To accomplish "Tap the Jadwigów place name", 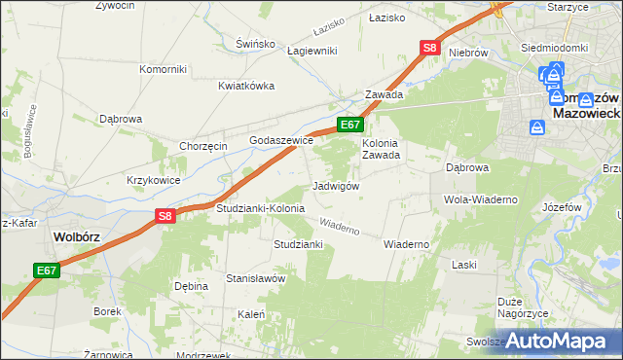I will (337, 186).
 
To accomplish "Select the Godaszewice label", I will (281, 140).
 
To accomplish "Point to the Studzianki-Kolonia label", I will (260, 208).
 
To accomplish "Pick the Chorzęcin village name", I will (203, 146).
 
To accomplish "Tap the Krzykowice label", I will (153, 180).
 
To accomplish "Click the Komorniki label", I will (163, 69).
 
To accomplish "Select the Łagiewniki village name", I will (311, 51).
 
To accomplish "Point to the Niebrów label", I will (468, 52).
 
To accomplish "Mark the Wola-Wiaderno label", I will (480, 199).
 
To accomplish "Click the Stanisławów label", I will (255, 278).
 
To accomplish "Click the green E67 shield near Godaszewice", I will (350, 125).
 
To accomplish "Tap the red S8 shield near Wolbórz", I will (165, 217).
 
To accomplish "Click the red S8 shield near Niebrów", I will (431, 47).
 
